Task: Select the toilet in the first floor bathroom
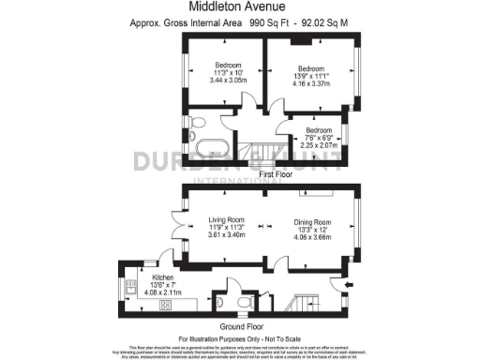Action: [x=197, y=122]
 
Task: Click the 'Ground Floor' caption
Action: [x=240, y=325]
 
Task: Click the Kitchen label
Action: [x=163, y=278]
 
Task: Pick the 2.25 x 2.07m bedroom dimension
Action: [x=319, y=144]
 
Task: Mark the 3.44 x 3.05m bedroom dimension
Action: [x=223, y=82]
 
